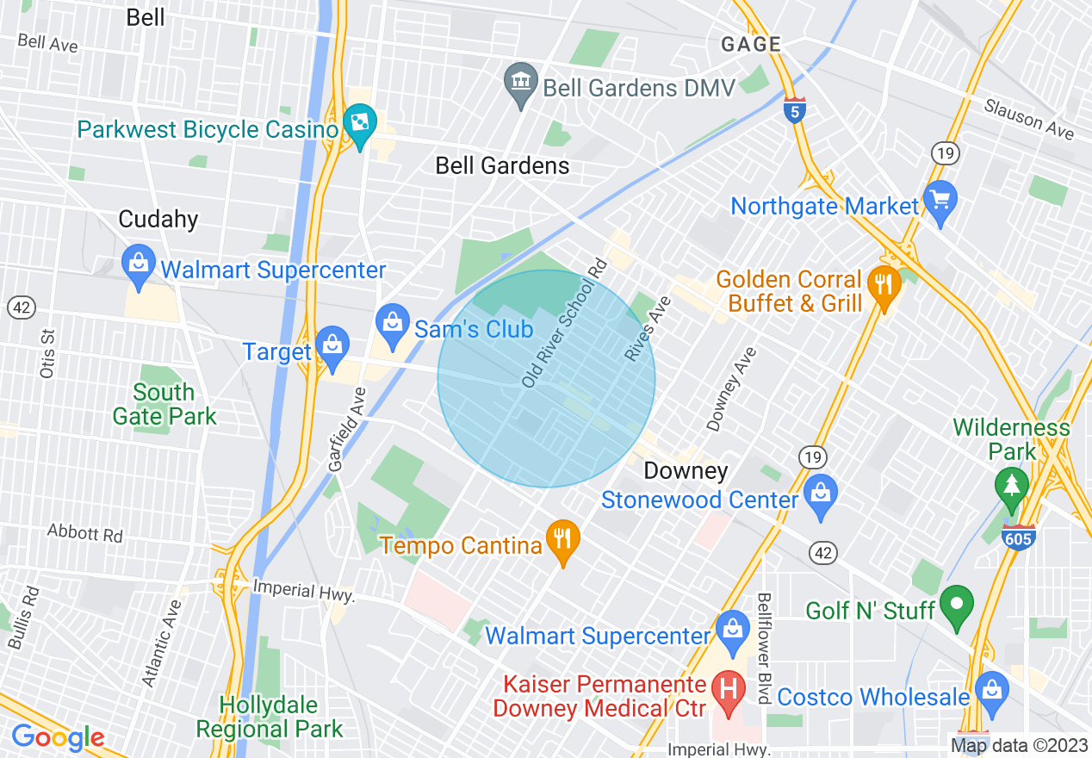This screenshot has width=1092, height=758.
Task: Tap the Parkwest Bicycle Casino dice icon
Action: point(357,125)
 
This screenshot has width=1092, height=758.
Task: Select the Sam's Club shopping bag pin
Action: point(393,325)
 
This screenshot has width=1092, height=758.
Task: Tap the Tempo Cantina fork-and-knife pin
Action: point(562,540)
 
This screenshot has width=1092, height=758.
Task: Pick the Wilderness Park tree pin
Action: point(1011,486)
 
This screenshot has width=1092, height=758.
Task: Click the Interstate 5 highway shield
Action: point(794,110)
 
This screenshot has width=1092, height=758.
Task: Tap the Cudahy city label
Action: point(158,220)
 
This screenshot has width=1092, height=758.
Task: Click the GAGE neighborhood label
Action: point(751,44)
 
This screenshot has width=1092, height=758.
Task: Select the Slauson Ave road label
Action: point(1029,118)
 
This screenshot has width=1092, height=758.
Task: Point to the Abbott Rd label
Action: point(85,532)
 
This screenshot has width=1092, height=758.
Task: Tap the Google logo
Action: point(58,737)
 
